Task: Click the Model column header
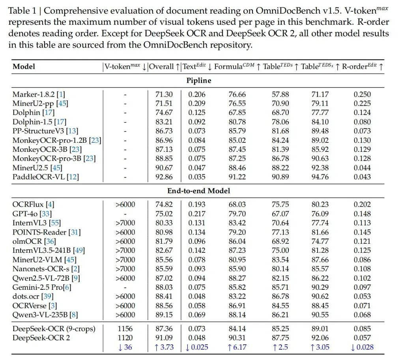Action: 24,66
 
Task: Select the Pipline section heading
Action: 199,80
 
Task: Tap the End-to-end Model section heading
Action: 199,191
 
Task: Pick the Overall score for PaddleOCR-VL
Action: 164,177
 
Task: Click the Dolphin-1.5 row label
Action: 39,122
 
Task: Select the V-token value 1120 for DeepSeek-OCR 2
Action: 125,338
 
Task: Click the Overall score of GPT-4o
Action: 164,214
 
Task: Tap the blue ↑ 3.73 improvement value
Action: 164,347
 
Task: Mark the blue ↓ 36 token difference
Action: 125,347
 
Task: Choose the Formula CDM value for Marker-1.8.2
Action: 237,95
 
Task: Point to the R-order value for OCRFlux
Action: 362,205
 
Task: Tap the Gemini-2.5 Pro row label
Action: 42,287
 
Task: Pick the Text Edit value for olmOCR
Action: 197,241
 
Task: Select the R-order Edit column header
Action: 362,66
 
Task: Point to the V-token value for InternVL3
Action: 125,223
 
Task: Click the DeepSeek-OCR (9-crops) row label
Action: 54,329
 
